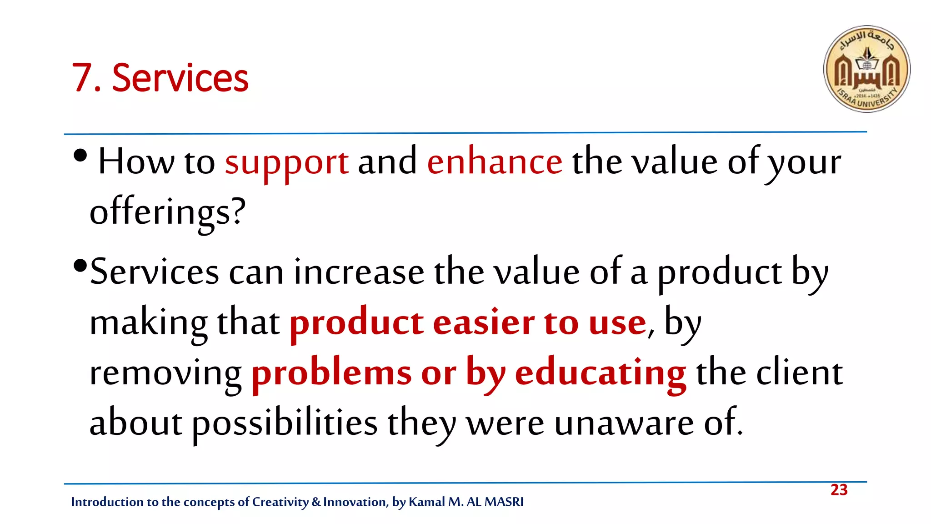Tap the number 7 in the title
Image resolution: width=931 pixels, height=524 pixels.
pos(82,78)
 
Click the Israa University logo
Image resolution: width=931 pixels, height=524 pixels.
pos(866,69)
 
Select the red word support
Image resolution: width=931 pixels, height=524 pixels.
pos(287,163)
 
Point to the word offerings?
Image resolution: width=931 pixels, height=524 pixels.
pos(167,212)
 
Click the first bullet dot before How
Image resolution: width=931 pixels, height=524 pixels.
pos(80,156)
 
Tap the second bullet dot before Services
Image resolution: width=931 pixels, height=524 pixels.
pos(80,265)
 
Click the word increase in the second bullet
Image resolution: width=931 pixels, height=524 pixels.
pos(359,273)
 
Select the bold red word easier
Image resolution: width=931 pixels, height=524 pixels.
pos(484,323)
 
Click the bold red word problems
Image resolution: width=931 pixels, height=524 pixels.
pos(331,373)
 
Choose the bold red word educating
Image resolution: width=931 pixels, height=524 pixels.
pos(600,373)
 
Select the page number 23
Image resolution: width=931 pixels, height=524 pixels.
pos(839,490)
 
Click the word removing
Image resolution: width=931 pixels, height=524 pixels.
pos(165,373)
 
